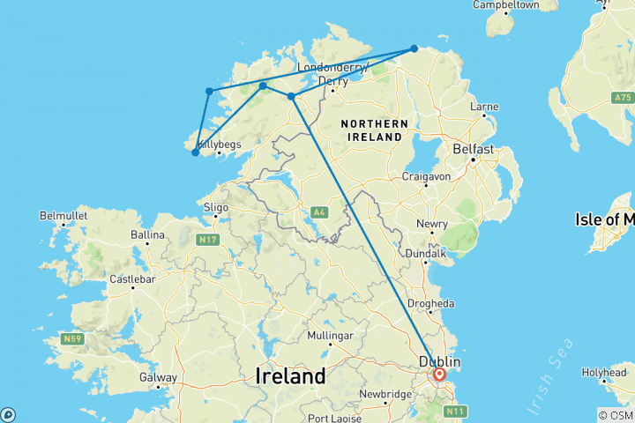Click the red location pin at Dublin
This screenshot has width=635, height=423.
(439, 375)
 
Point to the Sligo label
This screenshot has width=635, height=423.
(215, 208)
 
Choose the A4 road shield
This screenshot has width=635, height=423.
(319, 211)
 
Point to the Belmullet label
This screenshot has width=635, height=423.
(62, 216)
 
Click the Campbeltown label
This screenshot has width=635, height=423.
(505, 5)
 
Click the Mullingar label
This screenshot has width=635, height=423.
(331, 336)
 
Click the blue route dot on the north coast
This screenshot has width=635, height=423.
(414, 49)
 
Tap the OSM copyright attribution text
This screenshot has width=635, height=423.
(615, 415)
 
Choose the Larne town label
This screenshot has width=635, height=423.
(484, 108)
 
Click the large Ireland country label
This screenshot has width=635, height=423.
(290, 375)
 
